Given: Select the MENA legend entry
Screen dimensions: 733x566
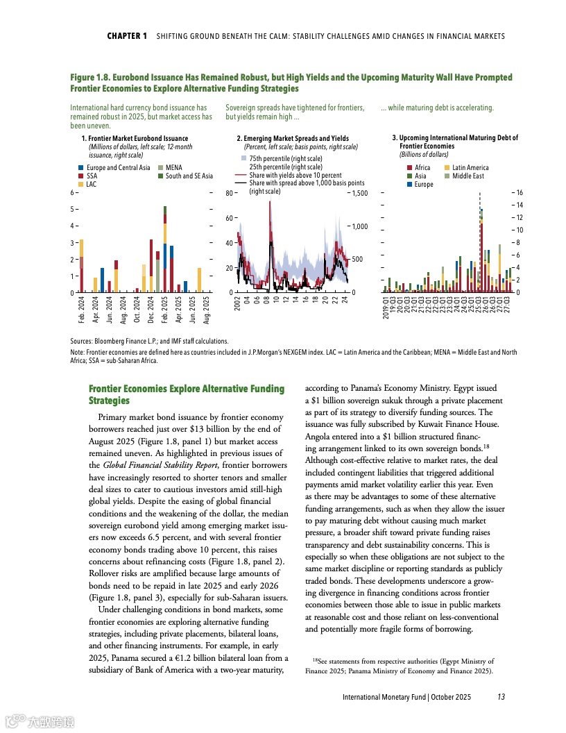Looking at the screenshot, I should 174,168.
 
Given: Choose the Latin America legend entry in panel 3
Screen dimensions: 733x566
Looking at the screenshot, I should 471,168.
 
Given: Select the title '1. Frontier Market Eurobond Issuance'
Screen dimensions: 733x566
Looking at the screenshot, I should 135,139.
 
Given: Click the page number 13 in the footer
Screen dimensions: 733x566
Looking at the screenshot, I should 501,696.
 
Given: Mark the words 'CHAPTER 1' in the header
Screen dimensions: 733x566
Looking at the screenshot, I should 127,36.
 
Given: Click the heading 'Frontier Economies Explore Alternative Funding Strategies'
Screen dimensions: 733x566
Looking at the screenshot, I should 187,394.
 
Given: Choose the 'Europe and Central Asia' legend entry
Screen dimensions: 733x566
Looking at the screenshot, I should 118,168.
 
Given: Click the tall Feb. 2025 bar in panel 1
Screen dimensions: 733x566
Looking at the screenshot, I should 164,250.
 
